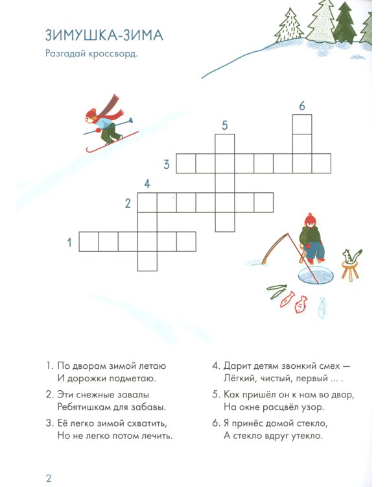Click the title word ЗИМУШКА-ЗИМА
(x=104, y=35)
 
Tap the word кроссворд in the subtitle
(x=113, y=54)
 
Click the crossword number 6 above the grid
(x=302, y=106)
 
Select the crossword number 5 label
(x=224, y=125)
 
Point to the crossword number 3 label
(x=167, y=164)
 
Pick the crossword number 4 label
(x=147, y=184)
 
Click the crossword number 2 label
(x=128, y=203)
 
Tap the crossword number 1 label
(x=69, y=242)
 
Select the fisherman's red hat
(x=310, y=219)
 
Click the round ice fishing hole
(x=316, y=275)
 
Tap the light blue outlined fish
(x=322, y=308)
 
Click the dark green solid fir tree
(x=346, y=24)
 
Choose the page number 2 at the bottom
(x=49, y=479)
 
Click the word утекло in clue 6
(x=307, y=436)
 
